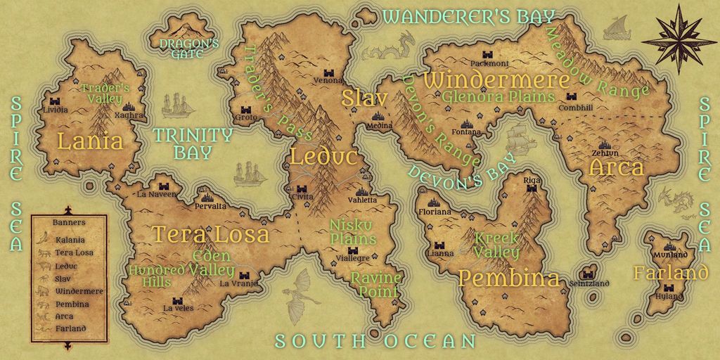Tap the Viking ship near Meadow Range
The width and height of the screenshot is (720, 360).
[x=617, y=29]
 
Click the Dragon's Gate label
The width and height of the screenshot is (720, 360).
[x=180, y=48]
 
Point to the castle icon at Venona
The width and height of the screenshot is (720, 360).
[x=328, y=72]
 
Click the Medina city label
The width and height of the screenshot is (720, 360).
[x=380, y=126]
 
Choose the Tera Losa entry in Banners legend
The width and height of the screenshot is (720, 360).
[x=74, y=252]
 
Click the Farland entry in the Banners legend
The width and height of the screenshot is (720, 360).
[x=70, y=328]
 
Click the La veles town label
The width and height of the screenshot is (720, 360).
[x=177, y=308]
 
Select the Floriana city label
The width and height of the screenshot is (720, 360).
[x=435, y=211]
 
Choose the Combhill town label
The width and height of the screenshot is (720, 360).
[x=575, y=108]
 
